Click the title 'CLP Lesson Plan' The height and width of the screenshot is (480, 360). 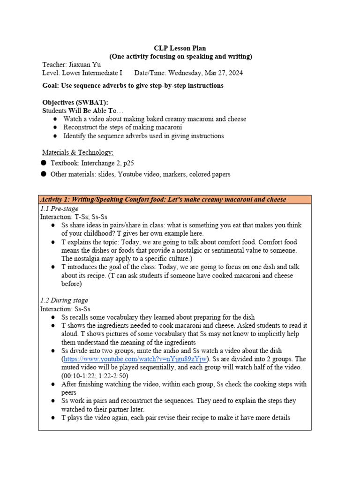pos(180,48)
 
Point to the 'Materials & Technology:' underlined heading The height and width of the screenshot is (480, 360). pos(78,152)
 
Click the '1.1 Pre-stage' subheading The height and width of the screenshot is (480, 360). pos(59,209)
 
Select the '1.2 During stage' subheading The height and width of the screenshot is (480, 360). pos(64,300)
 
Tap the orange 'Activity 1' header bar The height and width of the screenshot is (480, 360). pos(174,200)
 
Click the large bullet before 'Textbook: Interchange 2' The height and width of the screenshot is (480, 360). pos(44,163)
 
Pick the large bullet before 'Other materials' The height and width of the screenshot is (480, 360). pos(44,174)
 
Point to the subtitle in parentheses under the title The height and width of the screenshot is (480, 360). pos(180,57)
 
